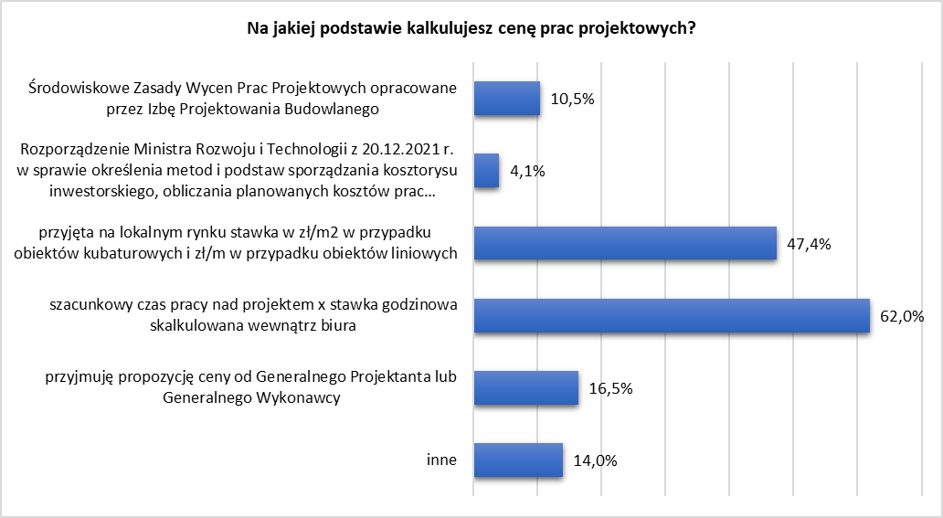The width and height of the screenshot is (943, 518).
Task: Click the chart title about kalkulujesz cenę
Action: coord(471,28)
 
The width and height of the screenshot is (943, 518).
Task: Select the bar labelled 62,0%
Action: coord(671,315)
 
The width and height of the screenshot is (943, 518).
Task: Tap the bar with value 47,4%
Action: coord(624,243)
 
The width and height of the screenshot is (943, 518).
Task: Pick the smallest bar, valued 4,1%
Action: coord(486,171)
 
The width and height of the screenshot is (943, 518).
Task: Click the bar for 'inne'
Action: coord(517,460)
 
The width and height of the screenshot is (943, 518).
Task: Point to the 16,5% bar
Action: coord(525,387)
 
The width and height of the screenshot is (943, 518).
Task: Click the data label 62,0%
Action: coord(902,317)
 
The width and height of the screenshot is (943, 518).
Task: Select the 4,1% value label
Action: coord(527,172)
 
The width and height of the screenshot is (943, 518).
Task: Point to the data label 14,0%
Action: coord(595,460)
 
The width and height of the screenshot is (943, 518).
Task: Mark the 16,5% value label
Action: coord(611,388)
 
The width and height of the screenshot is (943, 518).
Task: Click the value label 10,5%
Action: coord(573,100)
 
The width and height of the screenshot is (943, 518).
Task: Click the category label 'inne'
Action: coord(442,460)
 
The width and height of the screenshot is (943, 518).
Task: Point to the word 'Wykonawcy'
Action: coord(308,397)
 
